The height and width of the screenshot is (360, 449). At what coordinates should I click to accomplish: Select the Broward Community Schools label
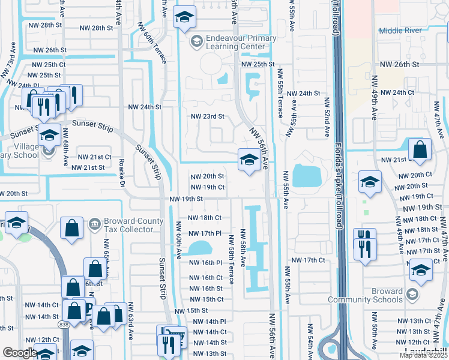tap(365, 295)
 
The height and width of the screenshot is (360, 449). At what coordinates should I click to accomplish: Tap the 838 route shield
tap(64, 325)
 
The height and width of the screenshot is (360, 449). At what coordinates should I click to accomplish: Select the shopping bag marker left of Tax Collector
tap(72, 229)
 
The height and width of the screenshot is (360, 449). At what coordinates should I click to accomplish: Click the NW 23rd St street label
tap(207, 116)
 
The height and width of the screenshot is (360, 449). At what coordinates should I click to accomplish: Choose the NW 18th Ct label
tap(205, 218)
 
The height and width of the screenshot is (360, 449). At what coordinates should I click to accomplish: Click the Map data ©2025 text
tap(424, 355)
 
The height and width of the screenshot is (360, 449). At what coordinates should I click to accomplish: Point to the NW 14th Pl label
tap(207, 322)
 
